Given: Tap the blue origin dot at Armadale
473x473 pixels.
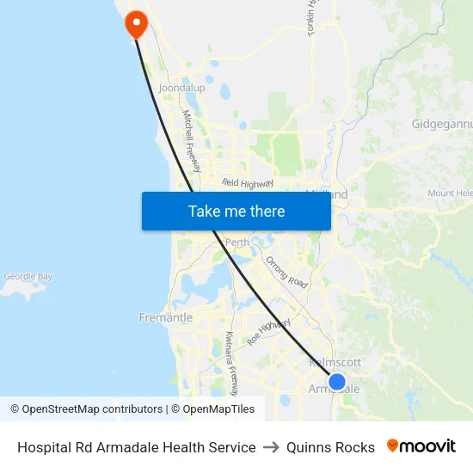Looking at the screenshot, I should click(337, 382).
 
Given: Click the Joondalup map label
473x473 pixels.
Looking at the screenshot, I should click(181, 88).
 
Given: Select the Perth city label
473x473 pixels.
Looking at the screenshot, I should click(236, 243).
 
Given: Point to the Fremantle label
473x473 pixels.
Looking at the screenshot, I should click(166, 317).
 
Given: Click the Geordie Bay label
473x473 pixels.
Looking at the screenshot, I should click(28, 277).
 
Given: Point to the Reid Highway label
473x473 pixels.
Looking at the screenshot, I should click(248, 183).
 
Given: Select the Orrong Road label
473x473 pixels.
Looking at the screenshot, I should click(286, 272).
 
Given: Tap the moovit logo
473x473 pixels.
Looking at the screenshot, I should click(421, 446).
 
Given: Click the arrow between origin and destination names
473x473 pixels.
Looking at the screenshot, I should click(271, 447).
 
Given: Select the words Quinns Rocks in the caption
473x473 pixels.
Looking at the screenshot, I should click(330, 447).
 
